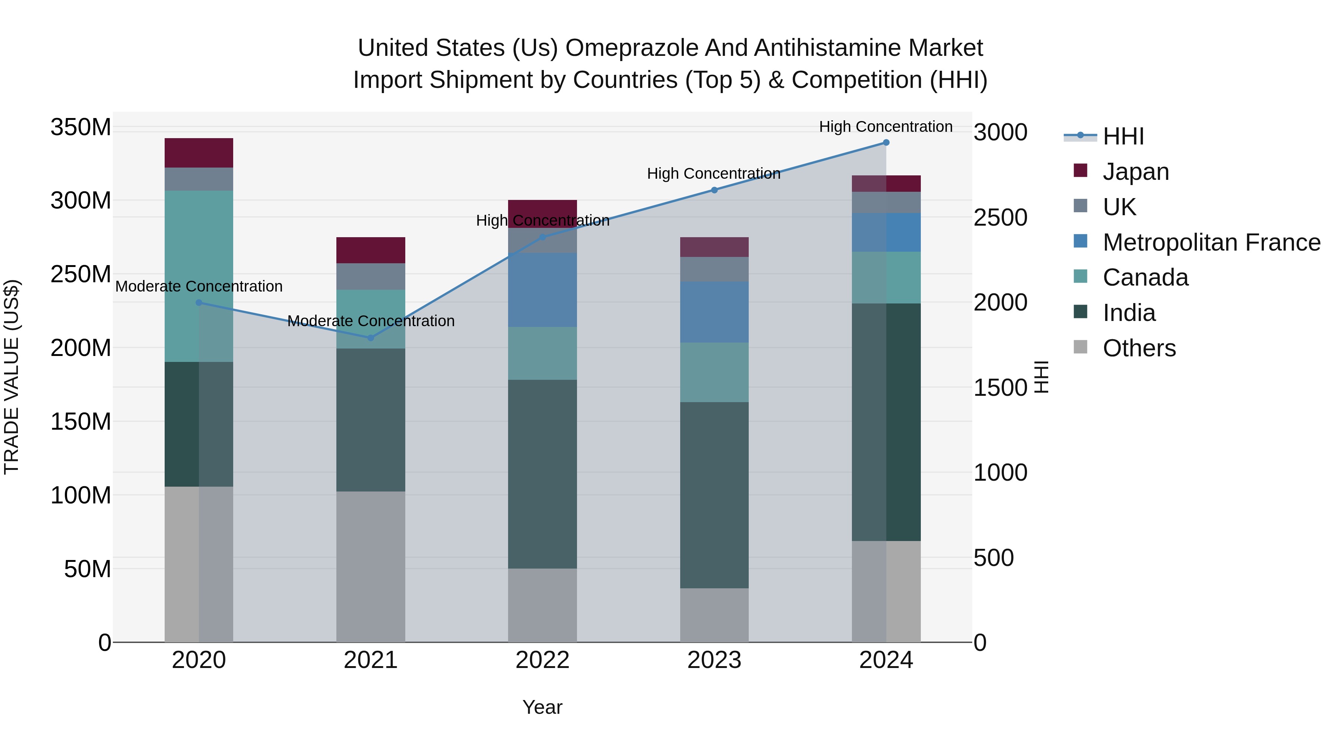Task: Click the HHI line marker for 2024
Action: [x=886, y=143]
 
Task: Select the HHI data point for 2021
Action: [x=371, y=338]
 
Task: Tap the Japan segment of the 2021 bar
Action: [x=371, y=250]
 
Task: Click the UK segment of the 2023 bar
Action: [x=714, y=269]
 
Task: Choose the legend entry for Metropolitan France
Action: [x=1211, y=242]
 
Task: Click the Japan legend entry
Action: [x=1135, y=172]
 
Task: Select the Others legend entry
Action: [x=1139, y=348]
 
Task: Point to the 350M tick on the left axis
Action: [x=81, y=127]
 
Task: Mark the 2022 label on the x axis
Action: [x=542, y=660]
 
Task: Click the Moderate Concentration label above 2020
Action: [x=199, y=286]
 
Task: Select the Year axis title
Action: [x=542, y=707]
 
